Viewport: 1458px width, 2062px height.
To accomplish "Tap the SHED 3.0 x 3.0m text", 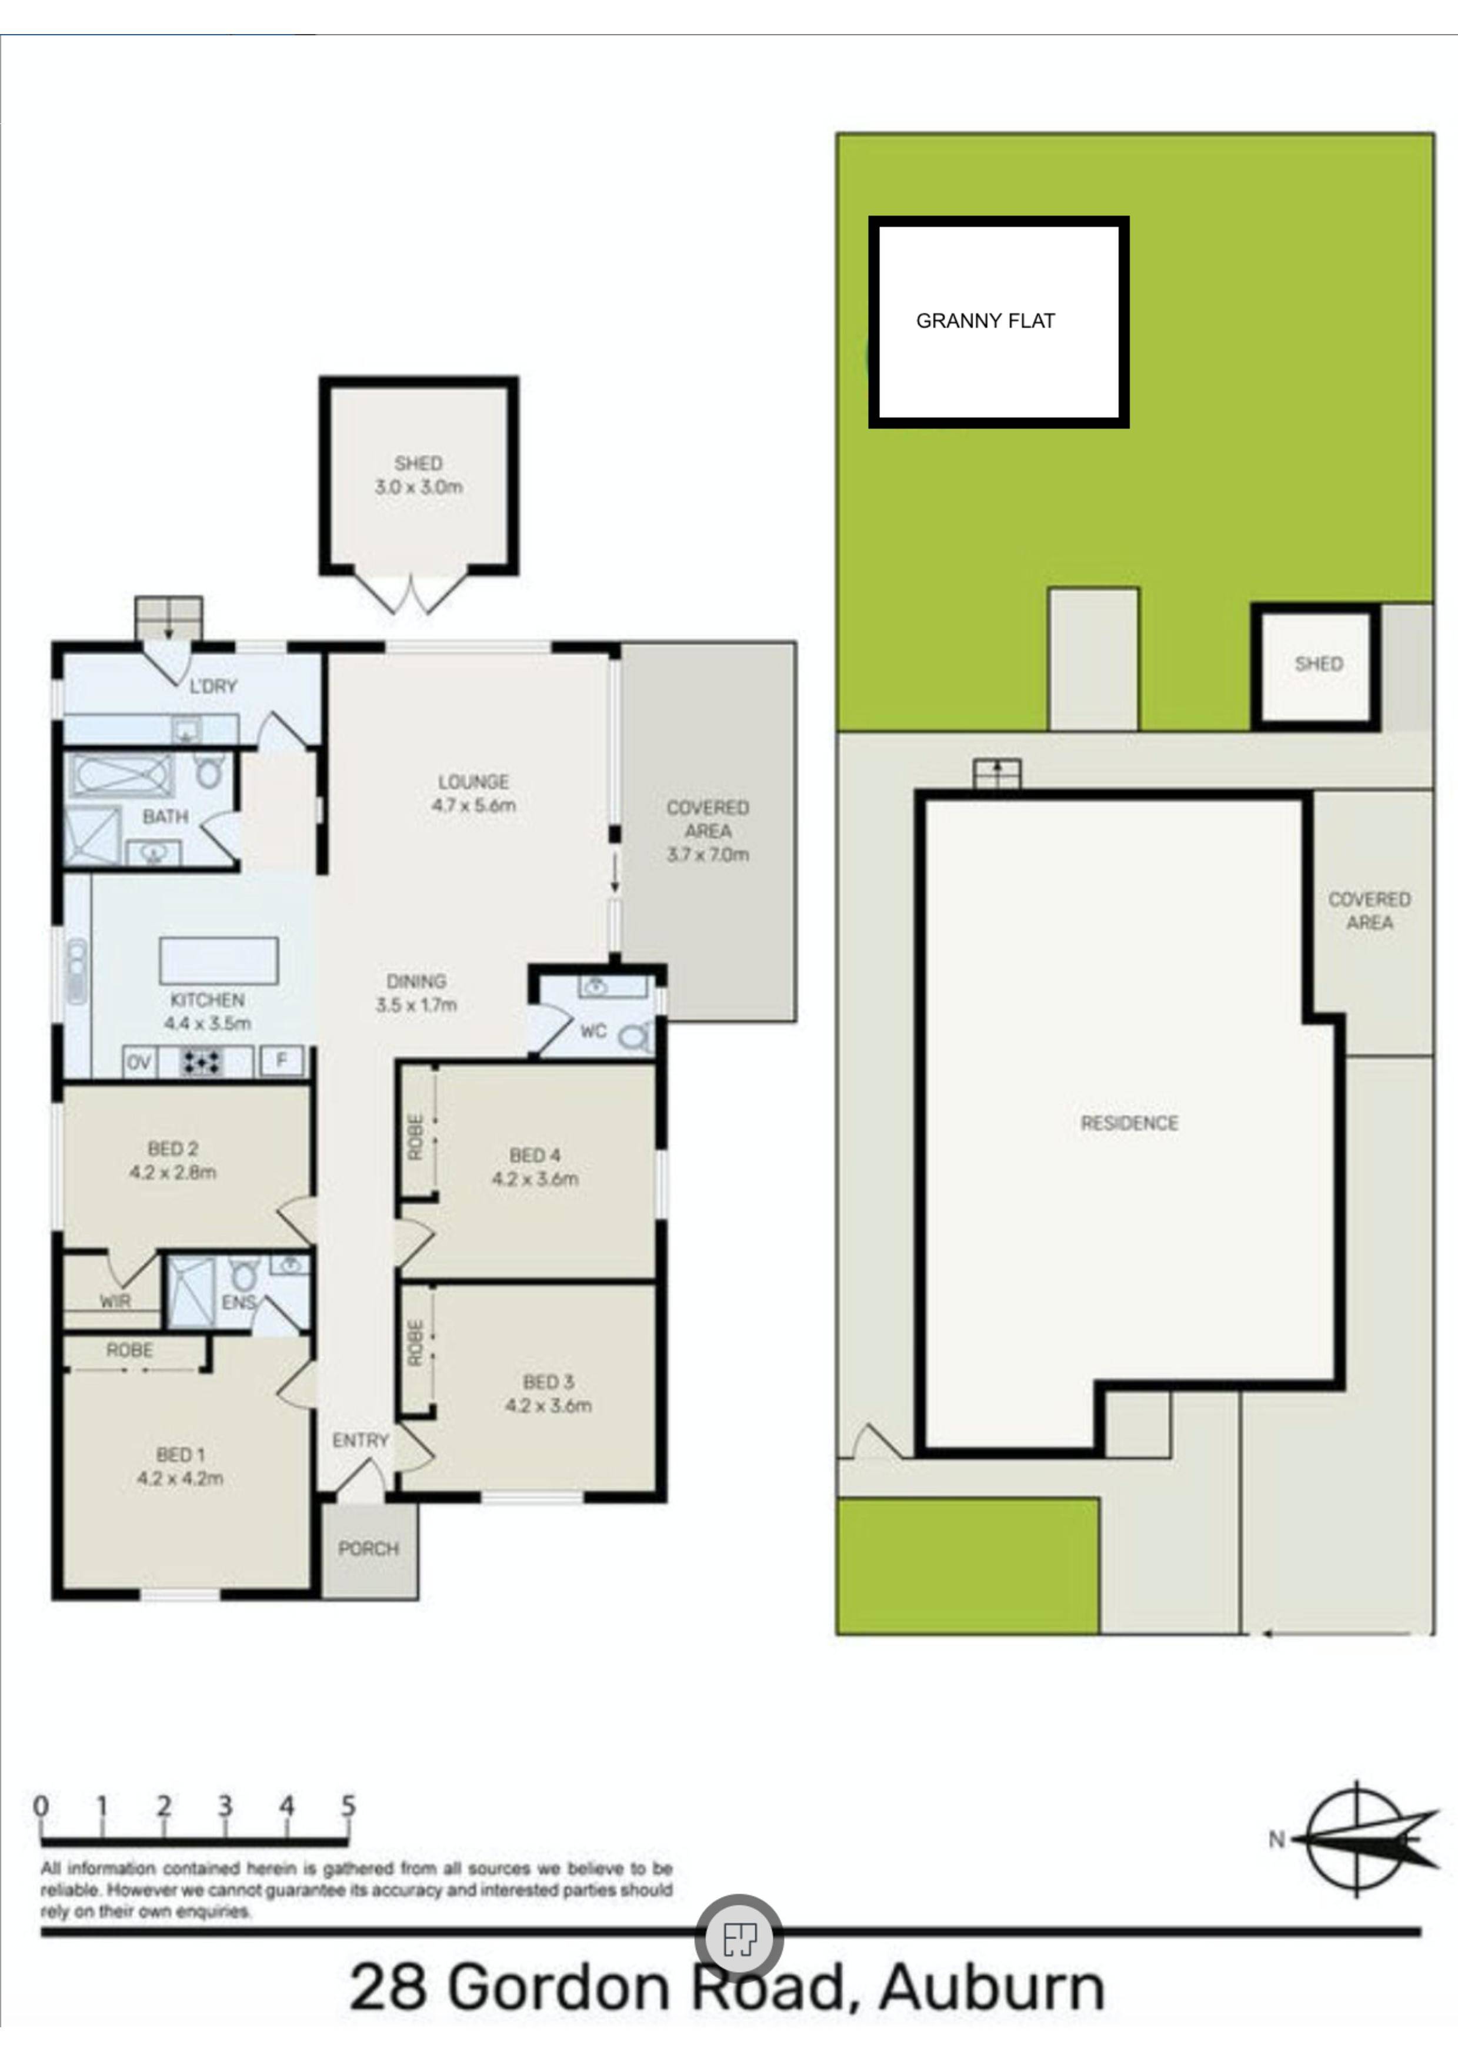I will click(419, 475).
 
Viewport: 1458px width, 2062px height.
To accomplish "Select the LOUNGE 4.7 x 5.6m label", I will click(473, 793).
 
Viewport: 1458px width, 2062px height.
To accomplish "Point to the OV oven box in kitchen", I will click(138, 1062).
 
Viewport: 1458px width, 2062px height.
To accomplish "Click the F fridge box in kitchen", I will click(281, 1060).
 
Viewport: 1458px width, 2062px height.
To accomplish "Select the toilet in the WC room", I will click(636, 1038).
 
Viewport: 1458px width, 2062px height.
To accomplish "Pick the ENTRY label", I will click(360, 1441).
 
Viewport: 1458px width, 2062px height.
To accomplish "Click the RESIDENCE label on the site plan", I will click(1128, 1123).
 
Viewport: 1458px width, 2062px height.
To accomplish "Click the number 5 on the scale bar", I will click(348, 1805).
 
